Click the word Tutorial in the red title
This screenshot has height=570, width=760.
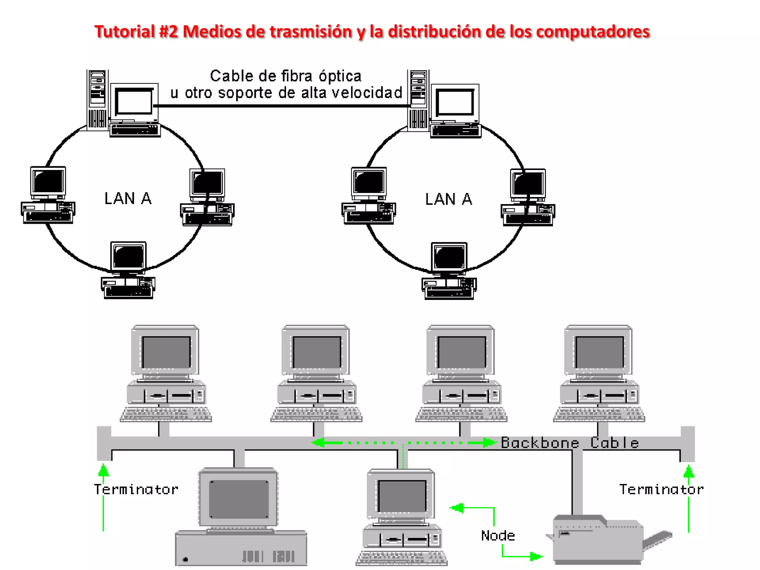(124, 32)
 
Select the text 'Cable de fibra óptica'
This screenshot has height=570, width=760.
(285, 76)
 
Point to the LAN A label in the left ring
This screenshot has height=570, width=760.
(128, 199)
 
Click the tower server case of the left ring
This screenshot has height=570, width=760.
(98, 99)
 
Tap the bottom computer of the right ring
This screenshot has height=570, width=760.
(449, 271)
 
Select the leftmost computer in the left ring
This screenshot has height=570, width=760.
(48, 195)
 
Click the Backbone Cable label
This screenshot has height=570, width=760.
(570, 443)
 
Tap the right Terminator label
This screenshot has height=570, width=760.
(661, 489)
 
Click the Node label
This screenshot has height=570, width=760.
(498, 535)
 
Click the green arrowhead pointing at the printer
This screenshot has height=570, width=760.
(535, 556)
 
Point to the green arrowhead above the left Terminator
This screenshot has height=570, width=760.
(104, 470)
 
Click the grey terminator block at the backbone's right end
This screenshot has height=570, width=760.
(687, 443)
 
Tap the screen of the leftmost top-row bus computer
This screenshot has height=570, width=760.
(166, 352)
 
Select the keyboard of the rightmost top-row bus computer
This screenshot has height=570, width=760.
(599, 415)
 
